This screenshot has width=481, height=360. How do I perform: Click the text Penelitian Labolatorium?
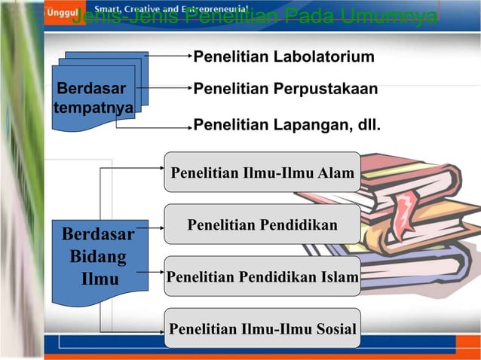pyautogui.click(x=283, y=57)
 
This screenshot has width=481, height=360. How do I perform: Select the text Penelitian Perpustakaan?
pyautogui.click(x=285, y=90)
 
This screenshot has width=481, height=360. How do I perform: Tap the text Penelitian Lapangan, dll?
pyautogui.click(x=286, y=125)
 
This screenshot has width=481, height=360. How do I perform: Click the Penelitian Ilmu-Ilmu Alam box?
pyautogui.click(x=262, y=173)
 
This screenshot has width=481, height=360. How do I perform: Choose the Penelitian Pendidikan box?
pyautogui.click(x=262, y=224)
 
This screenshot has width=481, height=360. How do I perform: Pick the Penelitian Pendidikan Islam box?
pyautogui.click(x=262, y=276)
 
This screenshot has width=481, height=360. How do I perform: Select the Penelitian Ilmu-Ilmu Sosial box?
pyautogui.click(x=262, y=328)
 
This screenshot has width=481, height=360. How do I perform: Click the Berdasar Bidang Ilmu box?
pyautogui.click(x=98, y=257)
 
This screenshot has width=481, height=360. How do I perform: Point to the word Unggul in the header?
pyautogui.click(x=60, y=13)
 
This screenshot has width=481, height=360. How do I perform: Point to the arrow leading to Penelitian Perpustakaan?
pyautogui.click(x=170, y=88)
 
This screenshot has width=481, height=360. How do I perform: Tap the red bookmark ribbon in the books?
pyautogui.click(x=407, y=210)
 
